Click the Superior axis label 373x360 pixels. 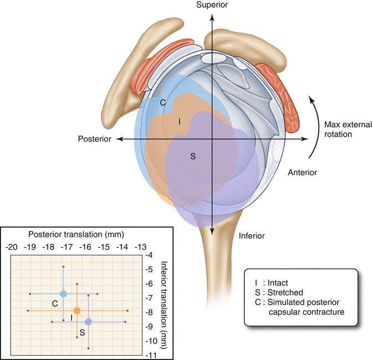(211, 5)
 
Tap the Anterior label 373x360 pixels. (303, 172)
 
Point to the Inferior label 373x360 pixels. (252, 236)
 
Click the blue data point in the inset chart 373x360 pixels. (63, 294)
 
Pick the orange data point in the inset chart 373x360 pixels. (77, 311)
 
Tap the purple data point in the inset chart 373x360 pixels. (88, 322)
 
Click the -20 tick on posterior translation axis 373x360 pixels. (11, 246)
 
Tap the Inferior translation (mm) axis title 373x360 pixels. (163, 304)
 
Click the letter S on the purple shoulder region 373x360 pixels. (193, 157)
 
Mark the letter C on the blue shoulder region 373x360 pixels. (163, 102)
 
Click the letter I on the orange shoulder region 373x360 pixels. (178, 121)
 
